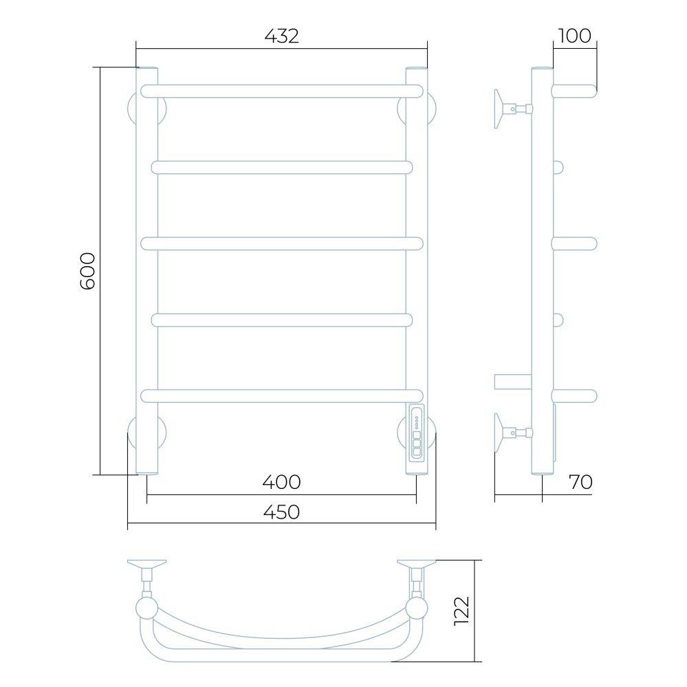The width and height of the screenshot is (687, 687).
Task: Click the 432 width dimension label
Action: (282, 36)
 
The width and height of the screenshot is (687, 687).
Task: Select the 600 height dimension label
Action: (87, 271)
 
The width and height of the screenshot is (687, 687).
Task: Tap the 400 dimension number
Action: (282, 482)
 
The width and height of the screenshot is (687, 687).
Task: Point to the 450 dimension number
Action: (282, 512)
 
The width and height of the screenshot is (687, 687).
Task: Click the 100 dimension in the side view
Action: (575, 36)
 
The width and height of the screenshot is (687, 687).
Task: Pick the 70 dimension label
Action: (580, 482)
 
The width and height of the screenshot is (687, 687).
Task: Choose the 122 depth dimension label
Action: (462, 611)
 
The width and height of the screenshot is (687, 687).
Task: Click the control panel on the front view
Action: (417, 433)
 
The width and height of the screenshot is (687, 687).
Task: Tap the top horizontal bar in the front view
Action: (282, 91)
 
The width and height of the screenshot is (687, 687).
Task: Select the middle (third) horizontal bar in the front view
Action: (282, 243)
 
